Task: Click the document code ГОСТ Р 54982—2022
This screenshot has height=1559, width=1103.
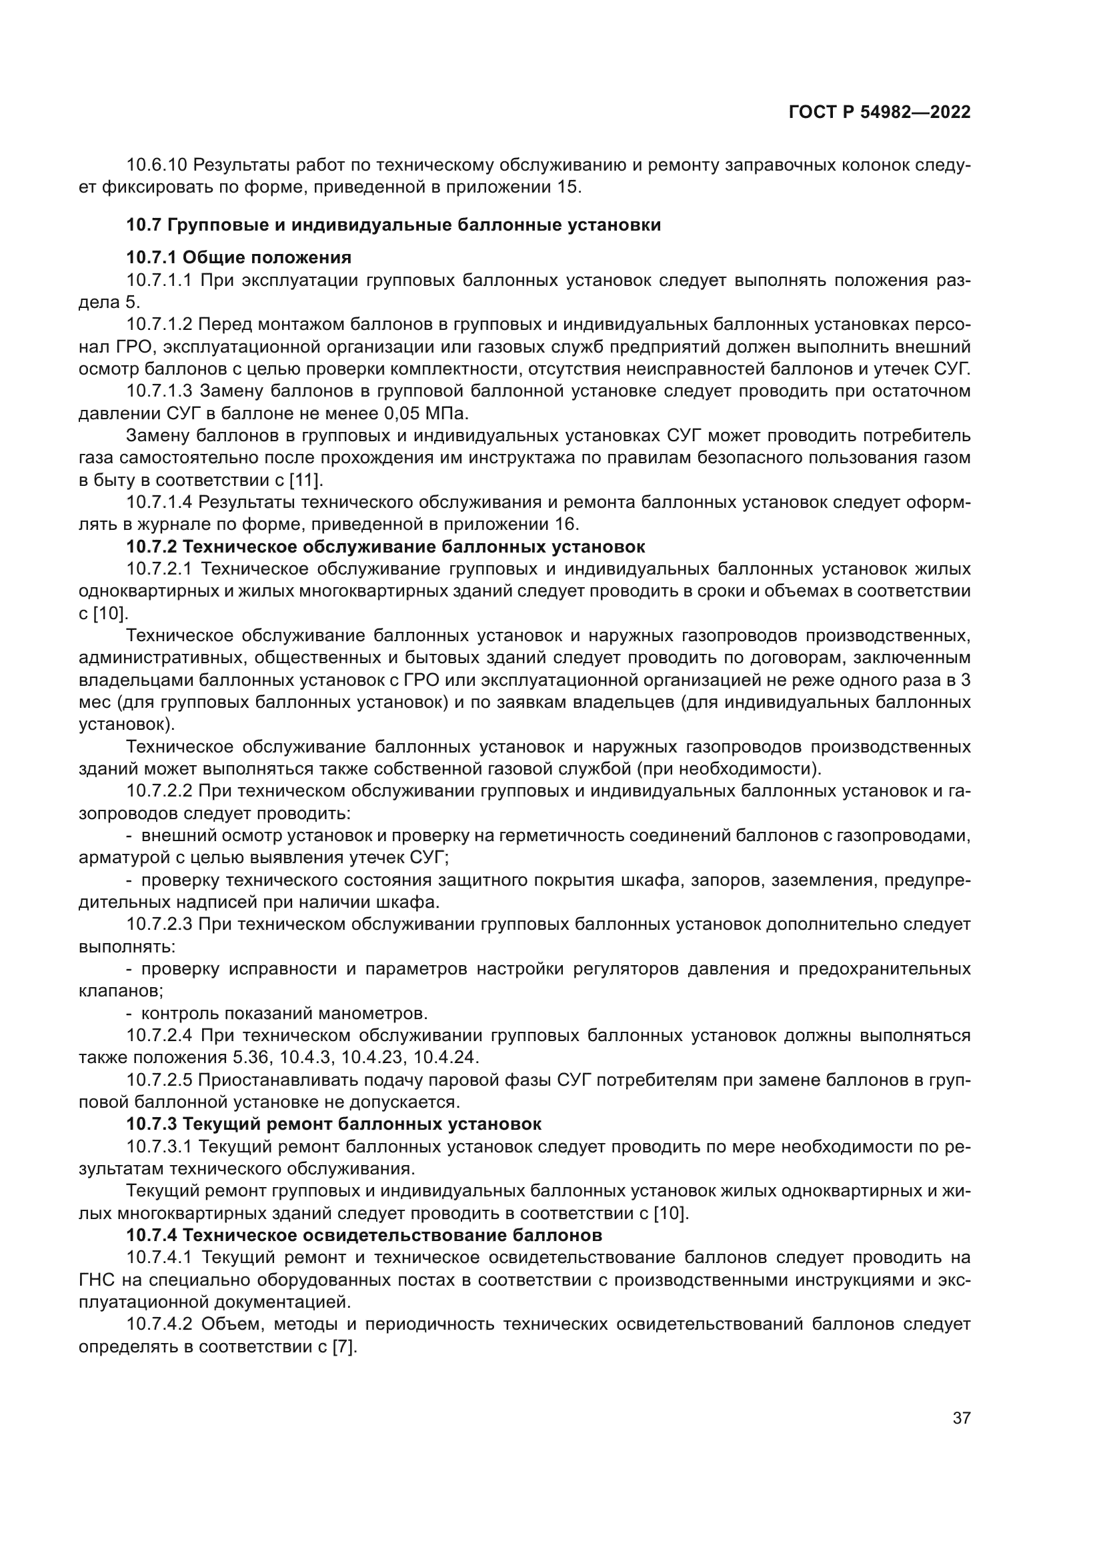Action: tap(880, 113)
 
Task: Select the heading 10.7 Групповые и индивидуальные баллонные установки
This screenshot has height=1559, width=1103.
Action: tap(393, 225)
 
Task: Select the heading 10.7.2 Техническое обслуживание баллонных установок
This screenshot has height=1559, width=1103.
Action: tap(385, 547)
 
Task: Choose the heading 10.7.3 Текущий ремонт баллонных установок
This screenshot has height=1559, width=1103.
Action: tap(333, 1124)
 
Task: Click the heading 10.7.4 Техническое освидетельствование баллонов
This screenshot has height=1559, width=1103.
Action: tap(364, 1234)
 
